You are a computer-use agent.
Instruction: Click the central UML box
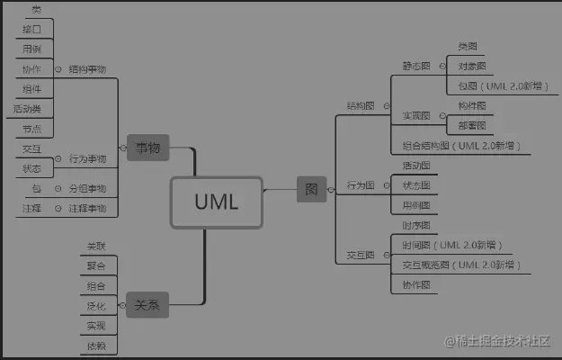[x=216, y=201]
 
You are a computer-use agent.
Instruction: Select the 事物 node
[x=147, y=148]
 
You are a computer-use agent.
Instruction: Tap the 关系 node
[x=147, y=304]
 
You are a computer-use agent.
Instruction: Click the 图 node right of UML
[x=311, y=189]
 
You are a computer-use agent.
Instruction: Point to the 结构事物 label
[x=87, y=69]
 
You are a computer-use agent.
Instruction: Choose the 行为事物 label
[x=87, y=158]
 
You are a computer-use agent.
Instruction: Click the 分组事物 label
[x=87, y=188]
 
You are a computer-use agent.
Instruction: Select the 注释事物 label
[x=87, y=208]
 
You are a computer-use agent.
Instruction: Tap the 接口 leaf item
[x=31, y=29]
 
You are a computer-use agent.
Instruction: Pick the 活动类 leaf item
[x=26, y=108]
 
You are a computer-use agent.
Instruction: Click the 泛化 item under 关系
[x=96, y=306]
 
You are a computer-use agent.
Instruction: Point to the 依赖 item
[x=96, y=346]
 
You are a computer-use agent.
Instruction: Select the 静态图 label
[x=416, y=66]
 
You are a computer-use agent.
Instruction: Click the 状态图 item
[x=415, y=185]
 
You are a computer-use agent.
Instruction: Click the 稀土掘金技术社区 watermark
[x=499, y=341]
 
